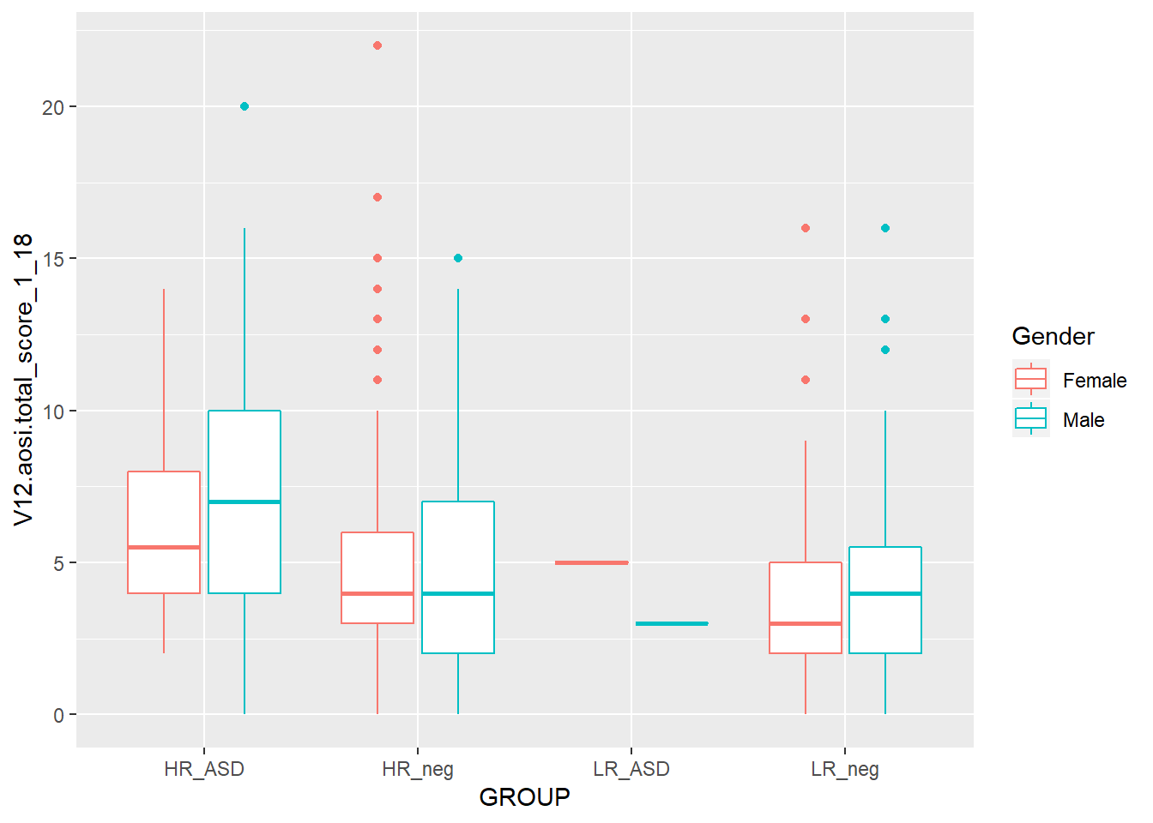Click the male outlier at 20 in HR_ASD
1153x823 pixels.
[244, 106]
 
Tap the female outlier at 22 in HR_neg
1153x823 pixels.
[377, 45]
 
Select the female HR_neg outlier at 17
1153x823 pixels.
[377, 197]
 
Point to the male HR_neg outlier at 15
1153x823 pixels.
[458, 258]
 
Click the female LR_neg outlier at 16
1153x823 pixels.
[806, 228]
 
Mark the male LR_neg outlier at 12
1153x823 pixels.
[885, 350]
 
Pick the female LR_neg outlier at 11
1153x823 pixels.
[806, 380]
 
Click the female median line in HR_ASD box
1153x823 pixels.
[164, 547]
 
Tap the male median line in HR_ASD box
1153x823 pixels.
[244, 502]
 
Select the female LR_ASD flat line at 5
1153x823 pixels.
[592, 562]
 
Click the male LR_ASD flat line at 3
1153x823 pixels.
[672, 623]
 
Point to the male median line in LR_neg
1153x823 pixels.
[885, 593]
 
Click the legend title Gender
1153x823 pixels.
[1053, 336]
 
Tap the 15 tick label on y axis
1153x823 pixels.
[53, 258]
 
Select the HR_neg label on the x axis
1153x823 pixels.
[418, 769]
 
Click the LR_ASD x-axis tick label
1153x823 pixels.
[631, 769]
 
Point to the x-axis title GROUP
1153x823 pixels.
[524, 797]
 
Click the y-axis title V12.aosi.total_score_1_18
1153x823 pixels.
[23, 379]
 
